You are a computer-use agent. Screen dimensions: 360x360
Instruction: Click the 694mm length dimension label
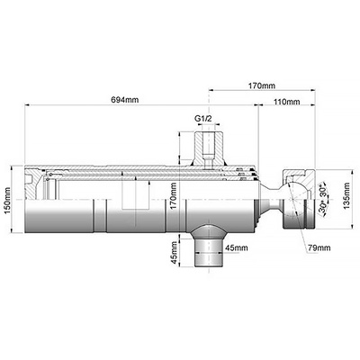pos(125,100)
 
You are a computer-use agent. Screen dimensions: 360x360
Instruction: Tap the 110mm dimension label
pos(287,102)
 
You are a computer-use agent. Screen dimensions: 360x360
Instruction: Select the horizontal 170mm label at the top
pos(262,85)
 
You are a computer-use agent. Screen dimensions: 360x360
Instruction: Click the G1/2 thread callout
pos(203,119)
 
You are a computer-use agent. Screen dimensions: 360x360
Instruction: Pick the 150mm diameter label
pos(7,200)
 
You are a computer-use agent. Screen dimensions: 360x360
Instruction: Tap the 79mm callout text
pos(319,247)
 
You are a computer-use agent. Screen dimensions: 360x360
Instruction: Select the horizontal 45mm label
pos(237,247)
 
